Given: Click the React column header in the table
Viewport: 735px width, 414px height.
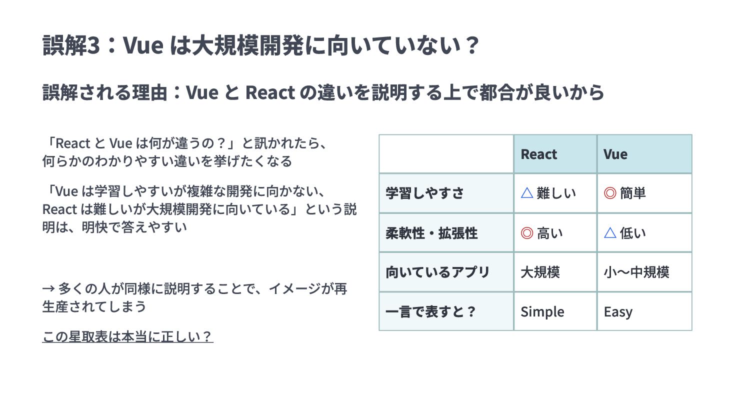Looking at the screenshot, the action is [539, 154].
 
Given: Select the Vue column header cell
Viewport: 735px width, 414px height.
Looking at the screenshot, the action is [615, 154].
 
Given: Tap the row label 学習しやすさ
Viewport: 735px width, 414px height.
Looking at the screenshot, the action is [424, 193].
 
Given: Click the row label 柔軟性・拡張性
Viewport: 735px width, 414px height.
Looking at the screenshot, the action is [431, 233].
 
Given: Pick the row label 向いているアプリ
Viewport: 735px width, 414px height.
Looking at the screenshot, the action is [437, 272].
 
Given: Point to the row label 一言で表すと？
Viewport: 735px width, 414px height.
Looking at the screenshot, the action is [431, 311].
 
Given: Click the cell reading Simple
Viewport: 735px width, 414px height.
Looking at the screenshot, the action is [542, 311].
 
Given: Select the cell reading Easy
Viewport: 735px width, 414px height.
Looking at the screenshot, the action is [618, 311].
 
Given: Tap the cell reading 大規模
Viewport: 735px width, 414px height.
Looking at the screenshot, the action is [540, 272].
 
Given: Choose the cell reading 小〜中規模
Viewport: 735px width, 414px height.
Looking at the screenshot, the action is [636, 272].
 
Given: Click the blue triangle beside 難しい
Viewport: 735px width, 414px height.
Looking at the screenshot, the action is [527, 192].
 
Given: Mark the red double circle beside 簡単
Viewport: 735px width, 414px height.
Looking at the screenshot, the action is [610, 193].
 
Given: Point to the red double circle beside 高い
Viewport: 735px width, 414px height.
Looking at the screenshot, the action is [527, 233].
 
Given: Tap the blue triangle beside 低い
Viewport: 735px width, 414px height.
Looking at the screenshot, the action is [610, 232].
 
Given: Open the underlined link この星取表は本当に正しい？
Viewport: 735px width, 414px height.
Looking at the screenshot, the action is [127, 336].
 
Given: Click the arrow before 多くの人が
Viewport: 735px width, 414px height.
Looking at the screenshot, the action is [48, 288].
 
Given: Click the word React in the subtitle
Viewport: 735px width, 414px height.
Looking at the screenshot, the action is [270, 92].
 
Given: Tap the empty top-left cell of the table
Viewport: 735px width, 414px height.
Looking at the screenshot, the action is [446, 154].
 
